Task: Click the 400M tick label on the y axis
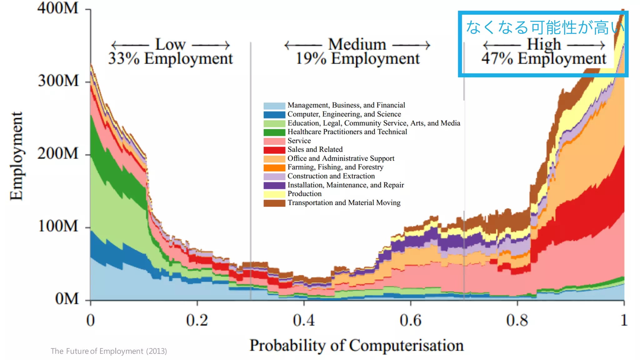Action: [x=58, y=8]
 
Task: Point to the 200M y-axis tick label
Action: [x=58, y=154]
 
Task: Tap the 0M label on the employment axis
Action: [x=67, y=299]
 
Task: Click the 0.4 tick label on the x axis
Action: [x=304, y=321]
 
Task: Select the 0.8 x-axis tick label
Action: [x=517, y=321]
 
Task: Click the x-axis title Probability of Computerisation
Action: [x=356, y=346]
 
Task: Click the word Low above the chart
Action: [x=171, y=44]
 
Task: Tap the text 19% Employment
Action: [x=357, y=59]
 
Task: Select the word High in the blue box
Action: [x=544, y=44]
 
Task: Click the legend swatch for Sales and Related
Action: [x=274, y=150]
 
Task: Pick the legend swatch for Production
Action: [x=274, y=194]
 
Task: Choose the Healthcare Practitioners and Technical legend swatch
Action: [x=274, y=132]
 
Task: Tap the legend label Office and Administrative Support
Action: [x=341, y=158]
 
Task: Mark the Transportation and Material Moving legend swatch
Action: [x=274, y=203]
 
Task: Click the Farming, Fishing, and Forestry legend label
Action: [x=335, y=167]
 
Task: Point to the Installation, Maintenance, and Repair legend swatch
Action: [x=274, y=185]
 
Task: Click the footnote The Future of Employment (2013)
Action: [x=109, y=351]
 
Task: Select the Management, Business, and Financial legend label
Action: [x=346, y=105]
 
